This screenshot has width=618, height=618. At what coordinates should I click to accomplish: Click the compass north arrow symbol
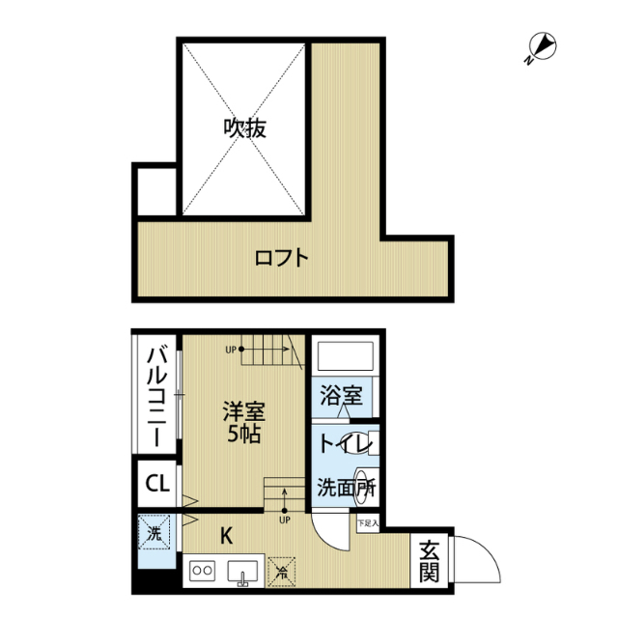pos(541,46)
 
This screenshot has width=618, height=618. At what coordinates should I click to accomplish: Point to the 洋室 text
pos(242,409)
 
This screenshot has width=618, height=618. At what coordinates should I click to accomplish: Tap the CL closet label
pos(157,483)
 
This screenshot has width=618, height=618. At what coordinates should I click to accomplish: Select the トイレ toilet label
pos(339,445)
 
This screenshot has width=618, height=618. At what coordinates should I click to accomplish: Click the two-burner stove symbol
pos(204,571)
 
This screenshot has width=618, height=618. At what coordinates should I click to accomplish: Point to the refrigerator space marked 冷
pos(282,570)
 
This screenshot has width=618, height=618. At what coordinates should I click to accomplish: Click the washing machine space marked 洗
pos(154,532)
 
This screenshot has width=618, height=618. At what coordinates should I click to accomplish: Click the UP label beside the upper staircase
pos(231,350)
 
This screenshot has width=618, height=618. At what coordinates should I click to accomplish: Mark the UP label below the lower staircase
pos(284,520)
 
